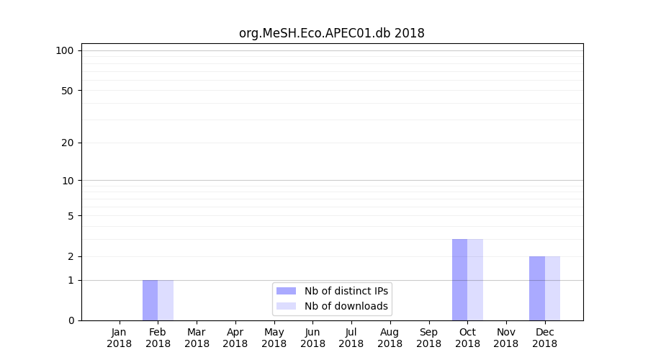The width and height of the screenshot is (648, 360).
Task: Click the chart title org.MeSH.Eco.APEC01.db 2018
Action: [x=332, y=33]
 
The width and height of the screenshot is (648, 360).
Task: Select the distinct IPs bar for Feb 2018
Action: [x=150, y=300]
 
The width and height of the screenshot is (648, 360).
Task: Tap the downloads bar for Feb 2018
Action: [x=166, y=300]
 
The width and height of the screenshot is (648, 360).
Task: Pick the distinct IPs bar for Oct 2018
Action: [x=459, y=279]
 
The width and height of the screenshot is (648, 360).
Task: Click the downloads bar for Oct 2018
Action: [x=475, y=279]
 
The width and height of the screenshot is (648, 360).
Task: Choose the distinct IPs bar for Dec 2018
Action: [x=537, y=288]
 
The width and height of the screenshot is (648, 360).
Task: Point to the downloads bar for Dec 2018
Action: [x=552, y=288]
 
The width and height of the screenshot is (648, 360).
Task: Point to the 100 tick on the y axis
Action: [x=65, y=50]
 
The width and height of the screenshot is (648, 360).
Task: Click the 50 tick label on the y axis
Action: [x=68, y=91]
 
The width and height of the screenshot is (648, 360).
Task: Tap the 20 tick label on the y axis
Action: [x=68, y=143]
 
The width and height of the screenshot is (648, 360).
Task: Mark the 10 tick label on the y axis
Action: [x=68, y=181]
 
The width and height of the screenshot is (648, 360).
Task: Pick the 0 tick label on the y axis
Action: [x=71, y=320]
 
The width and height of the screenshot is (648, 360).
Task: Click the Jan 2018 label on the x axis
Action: [x=120, y=338]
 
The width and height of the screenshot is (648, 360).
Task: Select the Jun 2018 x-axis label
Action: [x=312, y=338]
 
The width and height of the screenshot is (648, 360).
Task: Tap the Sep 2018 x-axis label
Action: [x=428, y=338]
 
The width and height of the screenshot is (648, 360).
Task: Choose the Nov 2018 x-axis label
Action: [x=506, y=338]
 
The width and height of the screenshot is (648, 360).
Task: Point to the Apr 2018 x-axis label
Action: [x=235, y=338]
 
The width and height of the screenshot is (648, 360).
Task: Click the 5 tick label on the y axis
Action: [x=71, y=216]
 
